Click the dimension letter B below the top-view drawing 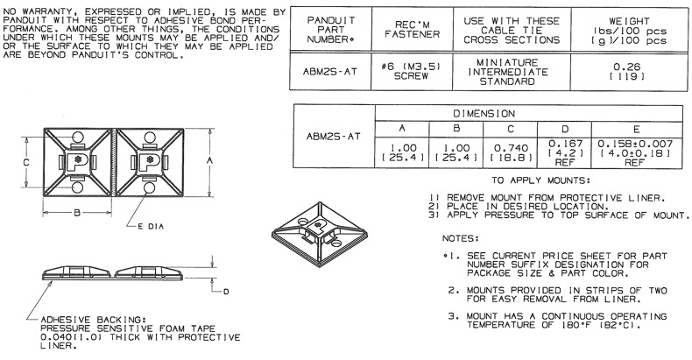[77, 213]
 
